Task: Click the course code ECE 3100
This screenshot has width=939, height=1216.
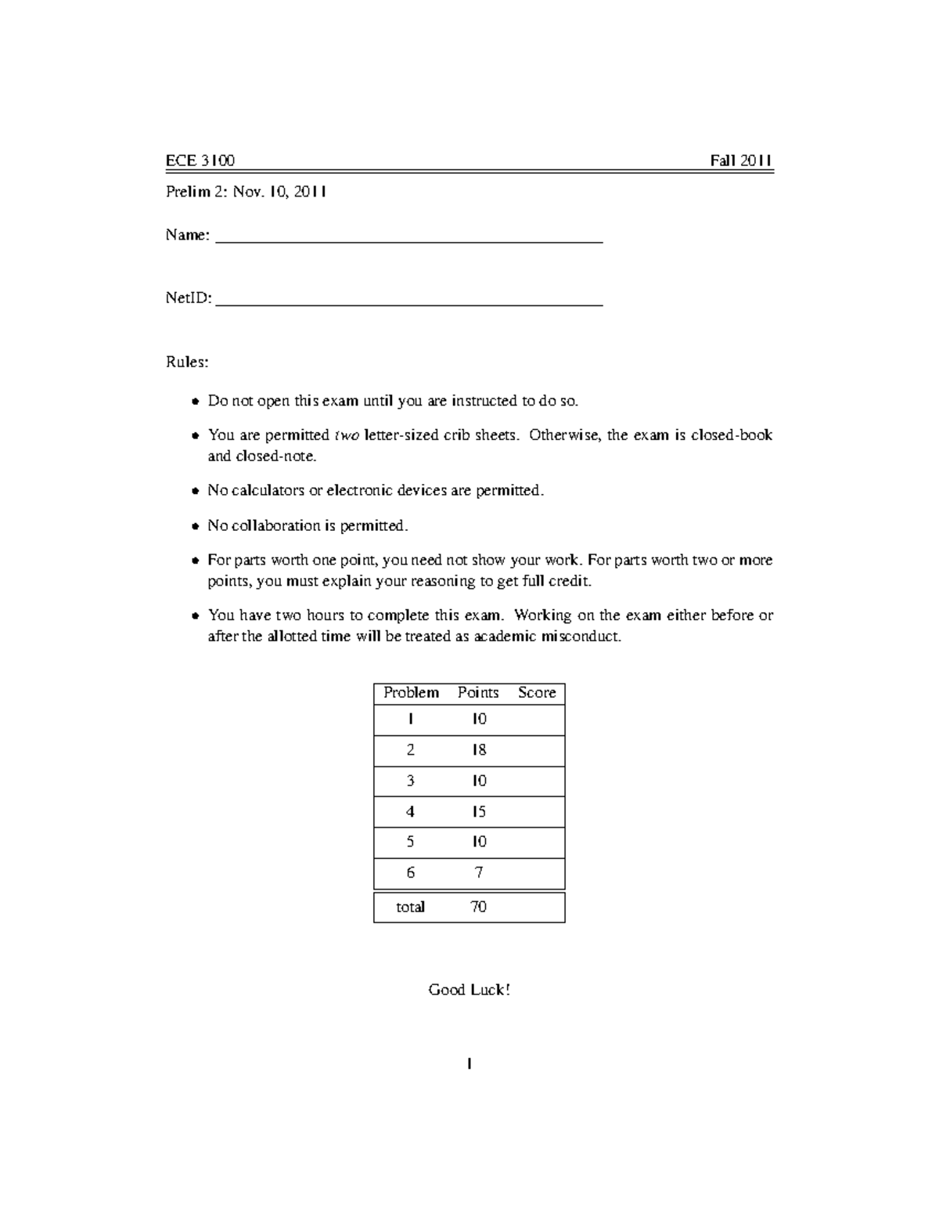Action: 200,161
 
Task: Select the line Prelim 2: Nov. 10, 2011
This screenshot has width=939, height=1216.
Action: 246,192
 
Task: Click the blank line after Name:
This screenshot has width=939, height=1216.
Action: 408,240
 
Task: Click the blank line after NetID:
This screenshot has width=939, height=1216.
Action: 408,301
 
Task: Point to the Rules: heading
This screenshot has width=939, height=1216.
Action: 187,363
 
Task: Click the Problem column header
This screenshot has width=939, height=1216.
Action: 411,693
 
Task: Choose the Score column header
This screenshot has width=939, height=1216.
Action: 537,693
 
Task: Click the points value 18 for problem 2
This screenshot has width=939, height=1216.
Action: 479,750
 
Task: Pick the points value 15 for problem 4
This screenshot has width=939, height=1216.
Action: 479,812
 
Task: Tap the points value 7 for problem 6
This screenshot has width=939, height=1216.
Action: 479,872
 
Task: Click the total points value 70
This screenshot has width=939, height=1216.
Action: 478,907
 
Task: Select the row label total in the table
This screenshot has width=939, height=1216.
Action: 410,907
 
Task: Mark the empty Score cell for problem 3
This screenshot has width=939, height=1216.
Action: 537,781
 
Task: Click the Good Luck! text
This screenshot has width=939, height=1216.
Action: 469,990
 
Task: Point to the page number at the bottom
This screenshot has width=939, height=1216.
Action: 469,1064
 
